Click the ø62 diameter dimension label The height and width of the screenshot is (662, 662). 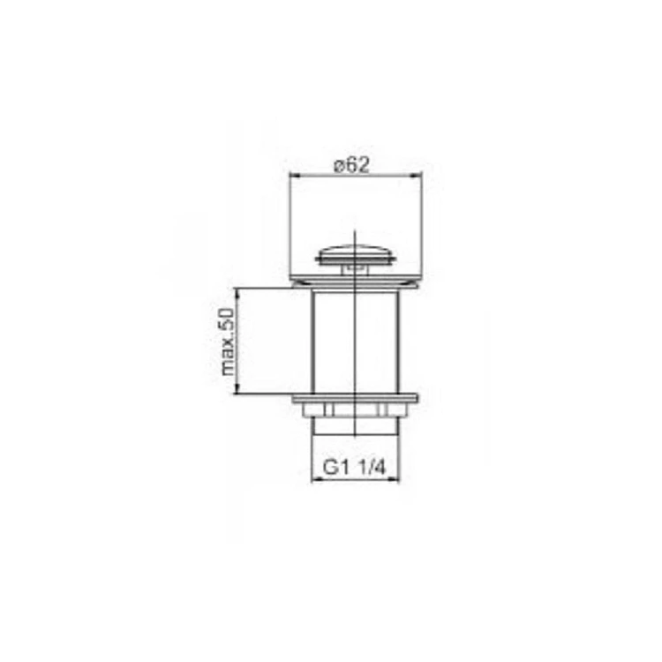click(351, 165)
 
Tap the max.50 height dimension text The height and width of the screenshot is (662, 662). click(227, 342)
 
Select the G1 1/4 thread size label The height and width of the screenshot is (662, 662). click(355, 467)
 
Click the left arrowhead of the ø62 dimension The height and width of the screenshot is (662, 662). click(293, 174)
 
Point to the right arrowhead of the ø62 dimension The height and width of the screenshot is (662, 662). click(418, 174)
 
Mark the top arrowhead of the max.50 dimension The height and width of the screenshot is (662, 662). click(237, 292)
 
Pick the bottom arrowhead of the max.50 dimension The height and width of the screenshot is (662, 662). click(237, 389)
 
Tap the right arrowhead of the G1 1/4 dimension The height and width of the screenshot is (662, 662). click(395, 479)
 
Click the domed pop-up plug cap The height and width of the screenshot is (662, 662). click(356, 252)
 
